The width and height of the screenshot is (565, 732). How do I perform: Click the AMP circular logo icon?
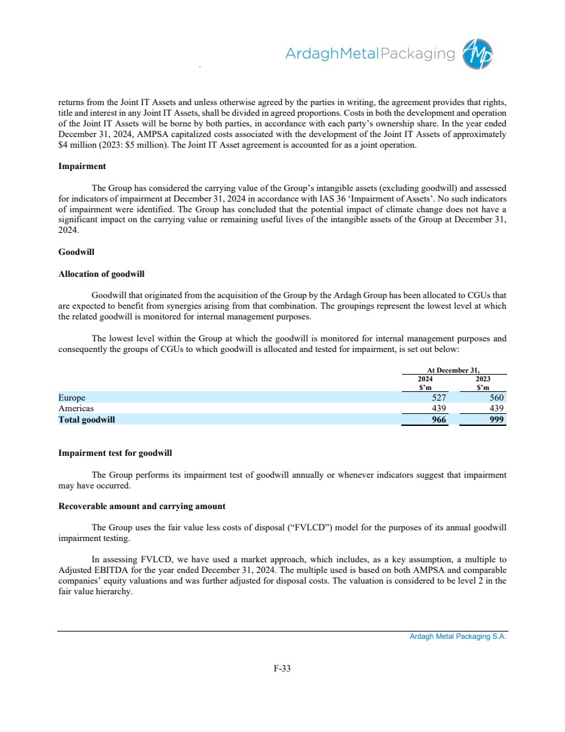pos(478,53)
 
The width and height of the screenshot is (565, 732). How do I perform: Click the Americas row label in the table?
pos(76,409)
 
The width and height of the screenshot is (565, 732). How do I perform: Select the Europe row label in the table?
pos(72,397)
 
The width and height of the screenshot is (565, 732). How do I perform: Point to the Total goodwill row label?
pos(91,420)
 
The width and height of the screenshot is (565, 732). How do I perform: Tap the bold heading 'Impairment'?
pos(83,166)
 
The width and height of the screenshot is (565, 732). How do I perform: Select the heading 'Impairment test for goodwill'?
pos(115,453)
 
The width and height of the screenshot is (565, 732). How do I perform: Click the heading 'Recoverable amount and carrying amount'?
pos(142,506)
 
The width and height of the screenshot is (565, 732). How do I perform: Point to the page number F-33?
pos(282,669)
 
